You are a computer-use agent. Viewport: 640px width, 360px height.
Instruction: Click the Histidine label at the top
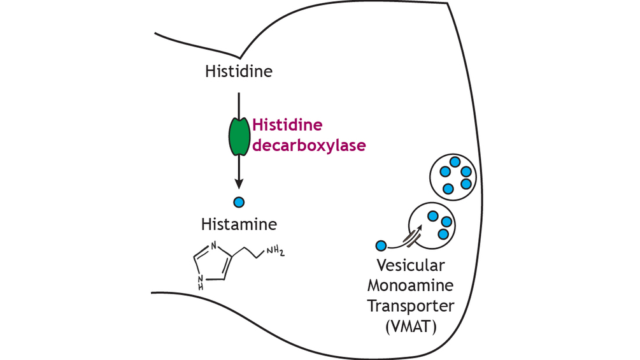(238, 71)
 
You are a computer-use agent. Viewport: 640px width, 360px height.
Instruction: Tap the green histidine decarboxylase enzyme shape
(238, 136)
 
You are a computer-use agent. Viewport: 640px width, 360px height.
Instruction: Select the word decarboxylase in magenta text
(309, 145)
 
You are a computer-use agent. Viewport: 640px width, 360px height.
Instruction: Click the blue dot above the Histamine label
(239, 203)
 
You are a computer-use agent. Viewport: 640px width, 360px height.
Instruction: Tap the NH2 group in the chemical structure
(274, 250)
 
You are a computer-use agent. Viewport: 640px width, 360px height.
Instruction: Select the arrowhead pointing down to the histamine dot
(239, 184)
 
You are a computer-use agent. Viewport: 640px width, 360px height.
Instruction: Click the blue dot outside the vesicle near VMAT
(381, 245)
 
